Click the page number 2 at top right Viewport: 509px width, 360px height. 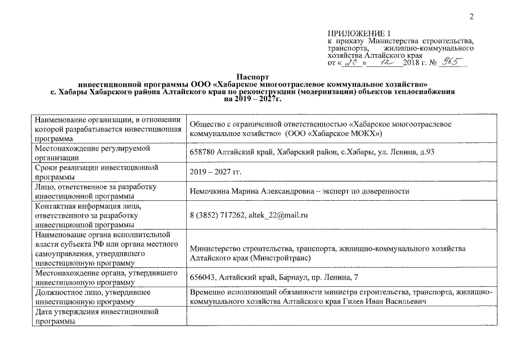(472, 16)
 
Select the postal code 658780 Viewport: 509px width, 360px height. (204, 152)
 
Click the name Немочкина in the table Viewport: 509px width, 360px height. (211, 191)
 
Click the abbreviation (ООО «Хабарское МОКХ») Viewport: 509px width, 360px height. (334, 135)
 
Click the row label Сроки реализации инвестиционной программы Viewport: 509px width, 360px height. (96, 172)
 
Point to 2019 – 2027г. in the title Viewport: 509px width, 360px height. (253, 98)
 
